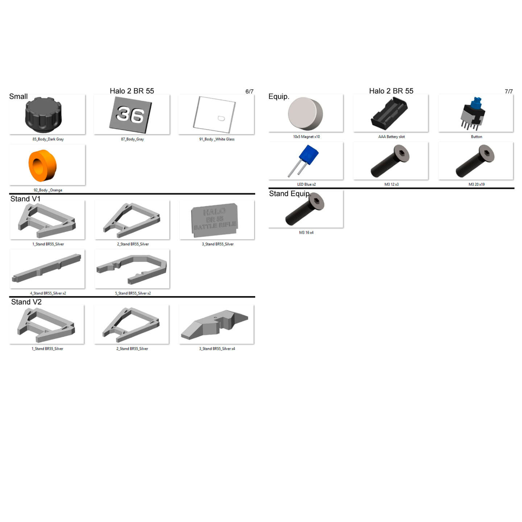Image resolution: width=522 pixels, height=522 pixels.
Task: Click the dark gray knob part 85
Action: point(43,115)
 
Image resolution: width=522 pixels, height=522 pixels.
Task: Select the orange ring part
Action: point(42,165)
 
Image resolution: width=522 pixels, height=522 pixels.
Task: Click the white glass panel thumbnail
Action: point(215,115)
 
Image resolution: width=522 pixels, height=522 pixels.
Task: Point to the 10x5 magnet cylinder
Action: point(305,114)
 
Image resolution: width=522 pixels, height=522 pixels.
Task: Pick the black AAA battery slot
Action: point(389,114)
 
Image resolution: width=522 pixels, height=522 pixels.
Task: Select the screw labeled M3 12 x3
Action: point(390,161)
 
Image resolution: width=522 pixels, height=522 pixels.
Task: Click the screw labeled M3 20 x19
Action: point(475,161)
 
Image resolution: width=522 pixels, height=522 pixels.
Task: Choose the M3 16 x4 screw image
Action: point(305,209)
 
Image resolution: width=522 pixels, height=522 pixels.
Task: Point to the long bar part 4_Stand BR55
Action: point(47,268)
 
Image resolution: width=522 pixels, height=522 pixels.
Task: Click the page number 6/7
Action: point(249,92)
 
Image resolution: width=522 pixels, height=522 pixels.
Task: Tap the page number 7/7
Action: point(509,92)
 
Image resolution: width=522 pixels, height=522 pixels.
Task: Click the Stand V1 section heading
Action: point(25,199)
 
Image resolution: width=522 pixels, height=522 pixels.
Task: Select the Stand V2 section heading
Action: point(26,302)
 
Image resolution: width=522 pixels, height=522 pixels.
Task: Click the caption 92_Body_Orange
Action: point(48,190)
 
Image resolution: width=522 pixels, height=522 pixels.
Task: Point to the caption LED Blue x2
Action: point(306,185)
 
